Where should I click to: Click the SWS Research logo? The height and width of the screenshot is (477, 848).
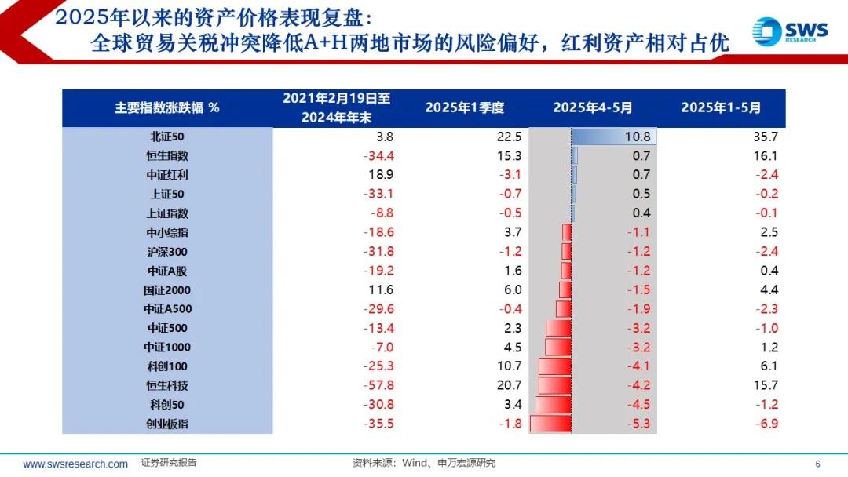click(789, 32)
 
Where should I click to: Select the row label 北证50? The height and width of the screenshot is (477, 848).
click(167, 137)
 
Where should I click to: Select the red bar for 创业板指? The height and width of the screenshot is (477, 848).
click(550, 424)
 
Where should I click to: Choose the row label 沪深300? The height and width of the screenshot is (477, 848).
click(167, 252)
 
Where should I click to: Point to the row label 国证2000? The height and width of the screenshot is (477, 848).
click(167, 289)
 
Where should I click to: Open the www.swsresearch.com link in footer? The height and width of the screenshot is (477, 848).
click(75, 464)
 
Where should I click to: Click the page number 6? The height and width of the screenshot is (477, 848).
click(817, 464)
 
